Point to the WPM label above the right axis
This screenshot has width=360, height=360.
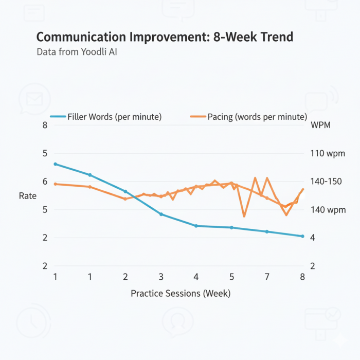[x=320, y=125]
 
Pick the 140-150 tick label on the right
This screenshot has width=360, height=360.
[x=327, y=182]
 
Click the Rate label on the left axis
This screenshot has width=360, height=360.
[x=28, y=196]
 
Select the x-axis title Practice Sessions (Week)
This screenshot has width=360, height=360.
[x=181, y=294]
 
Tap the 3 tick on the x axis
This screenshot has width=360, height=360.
[x=161, y=277]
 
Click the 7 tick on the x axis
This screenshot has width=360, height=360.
[x=267, y=277]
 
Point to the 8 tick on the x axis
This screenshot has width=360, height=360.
[x=302, y=277]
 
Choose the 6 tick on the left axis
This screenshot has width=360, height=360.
[x=45, y=182]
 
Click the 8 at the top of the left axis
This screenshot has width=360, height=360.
[x=45, y=125]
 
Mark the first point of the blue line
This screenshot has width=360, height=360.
[x=56, y=164]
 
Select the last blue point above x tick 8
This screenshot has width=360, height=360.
[x=302, y=236]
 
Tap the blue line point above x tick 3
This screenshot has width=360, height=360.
[x=161, y=214]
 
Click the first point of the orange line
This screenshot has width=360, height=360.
[x=56, y=184]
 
